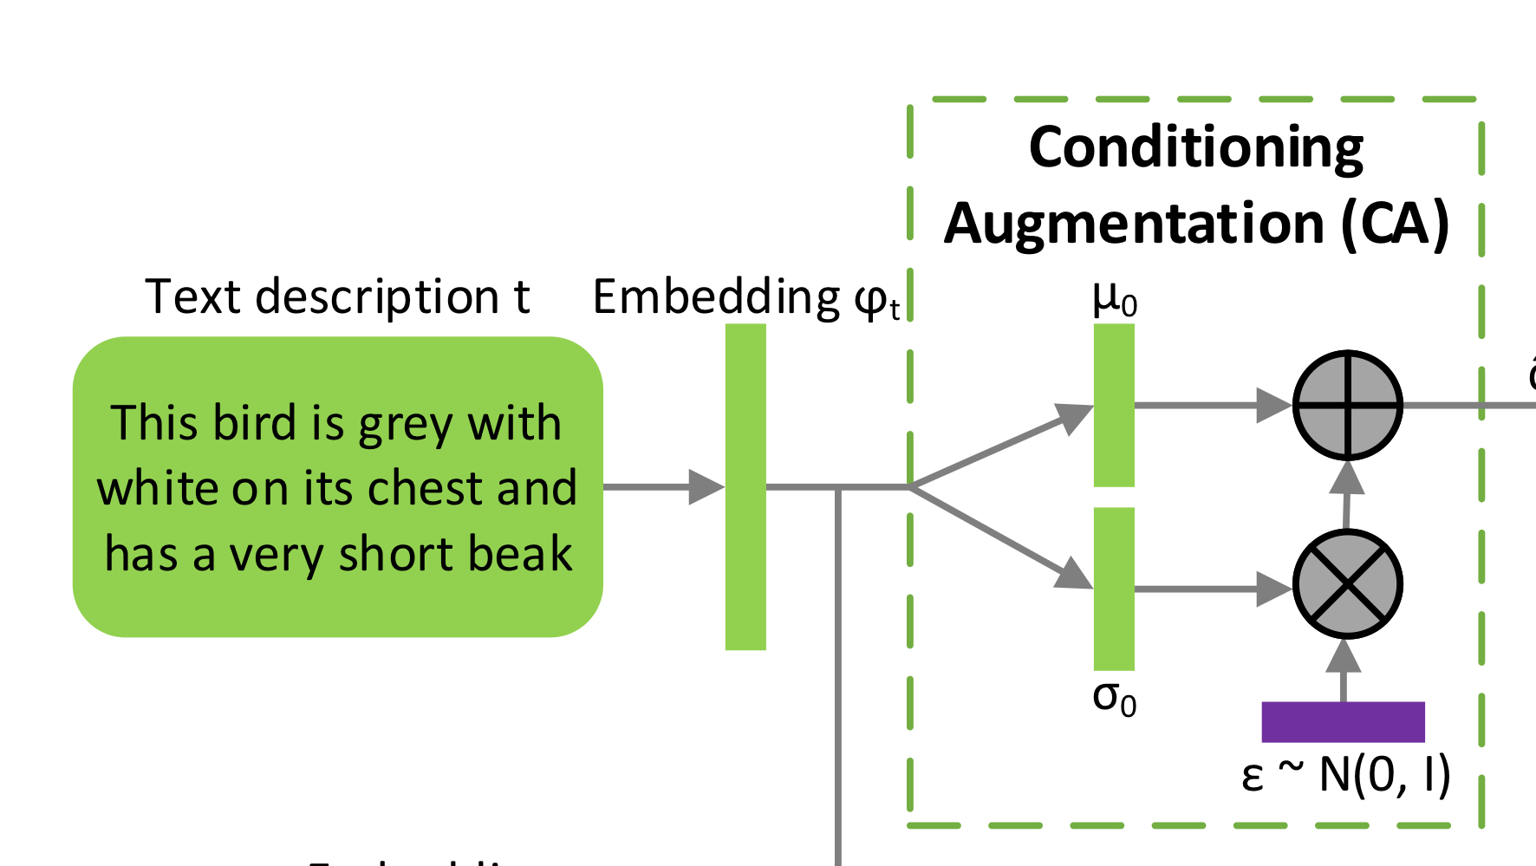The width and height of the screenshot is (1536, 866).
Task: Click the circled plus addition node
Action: pyautogui.click(x=1347, y=405)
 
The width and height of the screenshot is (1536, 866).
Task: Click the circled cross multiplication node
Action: pyautogui.click(x=1347, y=584)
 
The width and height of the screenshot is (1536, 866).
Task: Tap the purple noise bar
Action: pyautogui.click(x=1343, y=722)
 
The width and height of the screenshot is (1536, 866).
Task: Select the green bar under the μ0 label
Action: pyautogui.click(x=1114, y=405)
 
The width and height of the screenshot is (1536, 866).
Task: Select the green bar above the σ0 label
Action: pyautogui.click(x=1114, y=589)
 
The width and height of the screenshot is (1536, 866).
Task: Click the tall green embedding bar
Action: pyautogui.click(x=745, y=486)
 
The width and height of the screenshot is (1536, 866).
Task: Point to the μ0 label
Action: pyautogui.click(x=1114, y=300)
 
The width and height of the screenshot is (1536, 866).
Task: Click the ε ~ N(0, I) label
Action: pyautogui.click(x=1345, y=775)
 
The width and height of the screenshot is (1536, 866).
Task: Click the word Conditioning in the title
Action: pyautogui.click(x=1196, y=147)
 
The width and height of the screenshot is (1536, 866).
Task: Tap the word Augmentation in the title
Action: pyautogui.click(x=1134, y=224)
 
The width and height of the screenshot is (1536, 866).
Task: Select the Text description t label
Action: pyautogui.click(x=337, y=297)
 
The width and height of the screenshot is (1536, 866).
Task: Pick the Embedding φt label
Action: pyautogui.click(x=745, y=299)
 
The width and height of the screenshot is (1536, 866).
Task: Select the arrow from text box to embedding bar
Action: pyautogui.click(x=663, y=486)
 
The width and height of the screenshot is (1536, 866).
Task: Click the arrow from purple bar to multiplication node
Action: pyautogui.click(x=1344, y=671)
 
